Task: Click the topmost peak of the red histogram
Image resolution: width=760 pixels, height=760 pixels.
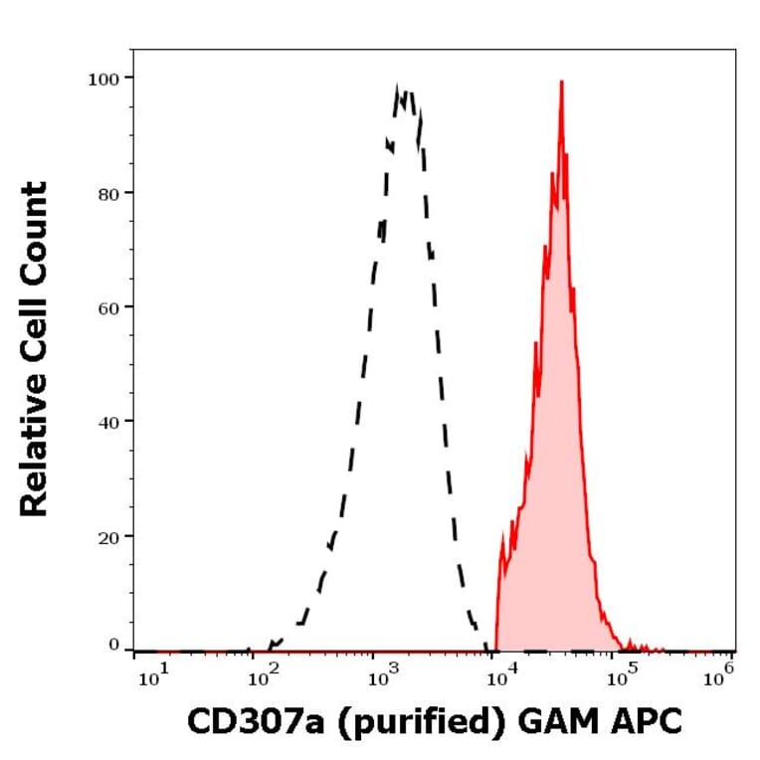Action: [562, 83]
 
